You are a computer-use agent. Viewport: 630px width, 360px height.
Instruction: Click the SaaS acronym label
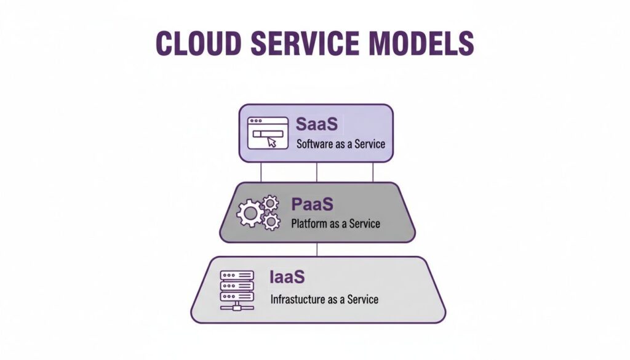tap(317, 124)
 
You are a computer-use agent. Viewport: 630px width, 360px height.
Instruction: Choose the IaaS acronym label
tap(287, 277)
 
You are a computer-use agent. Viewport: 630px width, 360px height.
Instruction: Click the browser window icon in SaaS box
tap(267, 133)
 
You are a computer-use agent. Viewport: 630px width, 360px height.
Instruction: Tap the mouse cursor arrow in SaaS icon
tap(272, 142)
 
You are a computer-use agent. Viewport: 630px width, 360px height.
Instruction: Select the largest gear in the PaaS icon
tap(250, 214)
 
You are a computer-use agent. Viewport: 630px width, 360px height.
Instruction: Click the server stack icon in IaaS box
tap(237, 289)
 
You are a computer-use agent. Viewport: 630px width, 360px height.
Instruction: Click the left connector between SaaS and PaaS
tap(261, 172)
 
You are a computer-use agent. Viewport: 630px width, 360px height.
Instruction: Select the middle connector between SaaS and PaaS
tap(316, 172)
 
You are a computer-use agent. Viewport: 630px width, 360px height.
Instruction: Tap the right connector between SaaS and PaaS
tap(372, 172)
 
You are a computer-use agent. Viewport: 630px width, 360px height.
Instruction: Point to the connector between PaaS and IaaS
tap(316, 249)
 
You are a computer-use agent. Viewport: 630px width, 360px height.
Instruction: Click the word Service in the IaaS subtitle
tap(363, 300)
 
